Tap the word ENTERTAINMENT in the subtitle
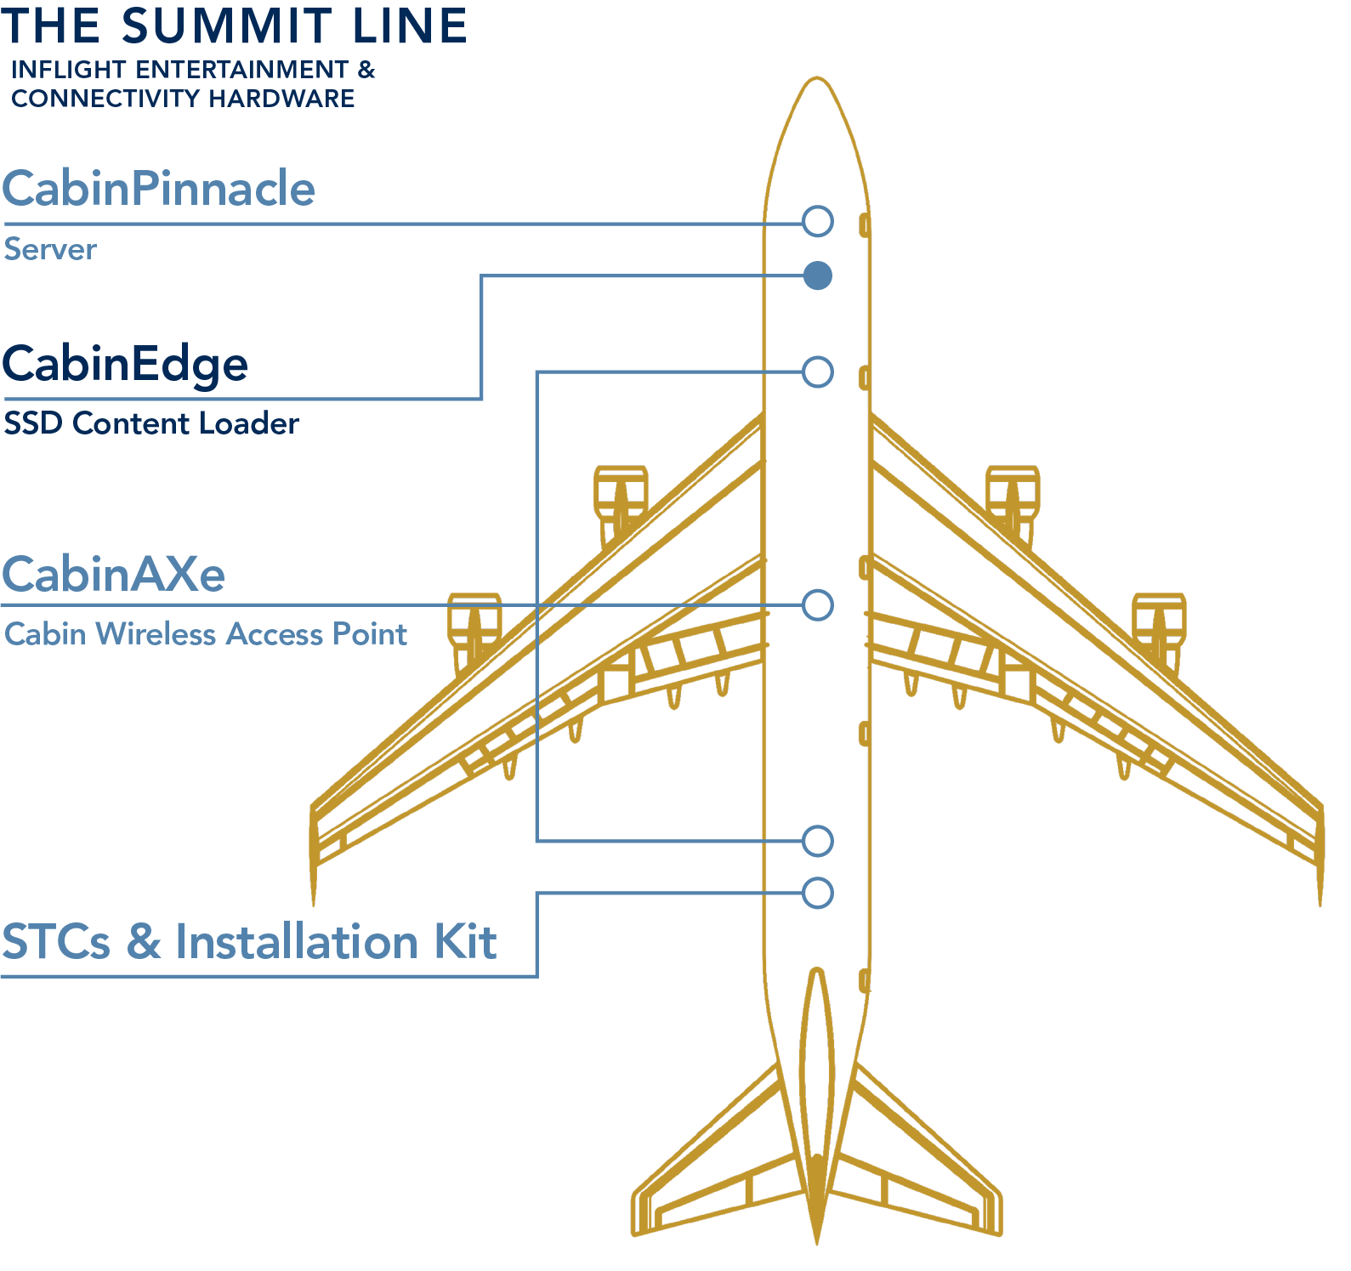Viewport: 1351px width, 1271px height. coord(242,70)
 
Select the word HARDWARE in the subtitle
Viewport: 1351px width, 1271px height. coord(281,99)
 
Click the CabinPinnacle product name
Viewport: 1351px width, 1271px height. coord(159,188)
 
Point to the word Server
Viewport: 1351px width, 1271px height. coord(50,250)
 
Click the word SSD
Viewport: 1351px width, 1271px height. coord(34,423)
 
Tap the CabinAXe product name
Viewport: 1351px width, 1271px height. coord(114,575)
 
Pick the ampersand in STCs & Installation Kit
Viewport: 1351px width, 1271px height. coord(144,942)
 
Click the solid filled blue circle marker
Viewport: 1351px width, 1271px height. coord(818,275)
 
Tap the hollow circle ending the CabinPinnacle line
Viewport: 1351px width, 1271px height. coord(818,221)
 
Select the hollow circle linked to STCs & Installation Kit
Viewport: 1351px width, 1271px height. coord(818,893)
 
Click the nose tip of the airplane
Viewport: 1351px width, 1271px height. coord(817,78)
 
